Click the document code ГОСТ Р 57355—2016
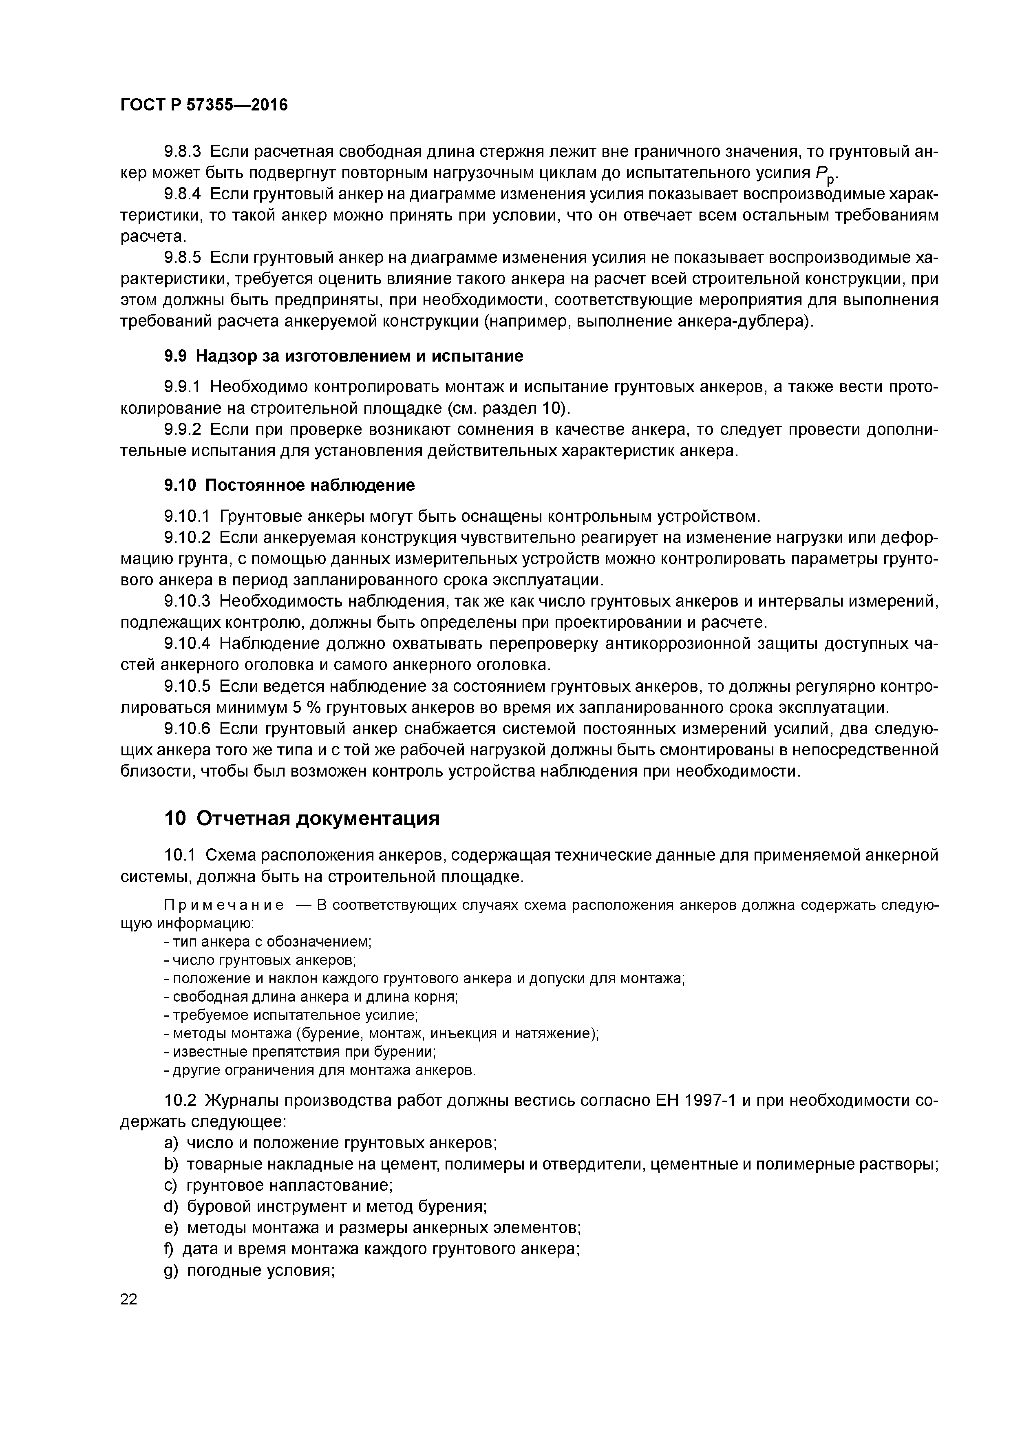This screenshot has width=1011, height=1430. (x=204, y=105)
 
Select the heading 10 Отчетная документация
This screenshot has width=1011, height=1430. (x=302, y=819)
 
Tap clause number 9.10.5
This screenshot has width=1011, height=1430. (x=188, y=686)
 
